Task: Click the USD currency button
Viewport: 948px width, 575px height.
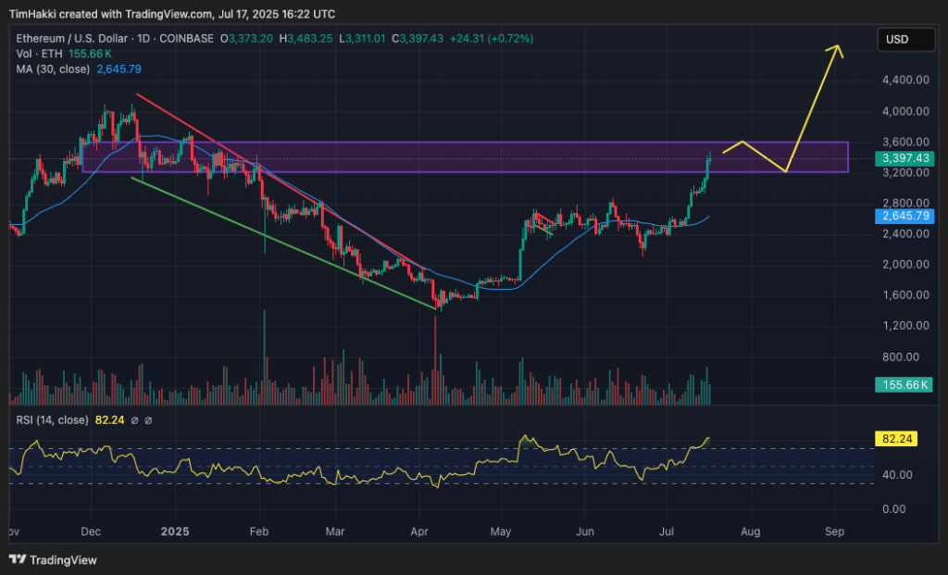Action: click(897, 39)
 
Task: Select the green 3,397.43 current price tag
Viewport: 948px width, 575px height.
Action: click(902, 158)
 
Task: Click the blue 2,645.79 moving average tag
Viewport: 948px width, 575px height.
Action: click(902, 216)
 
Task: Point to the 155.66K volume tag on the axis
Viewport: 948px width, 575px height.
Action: click(902, 384)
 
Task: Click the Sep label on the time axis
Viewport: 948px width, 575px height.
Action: click(834, 532)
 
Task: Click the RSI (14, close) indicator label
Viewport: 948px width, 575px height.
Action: click(53, 420)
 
